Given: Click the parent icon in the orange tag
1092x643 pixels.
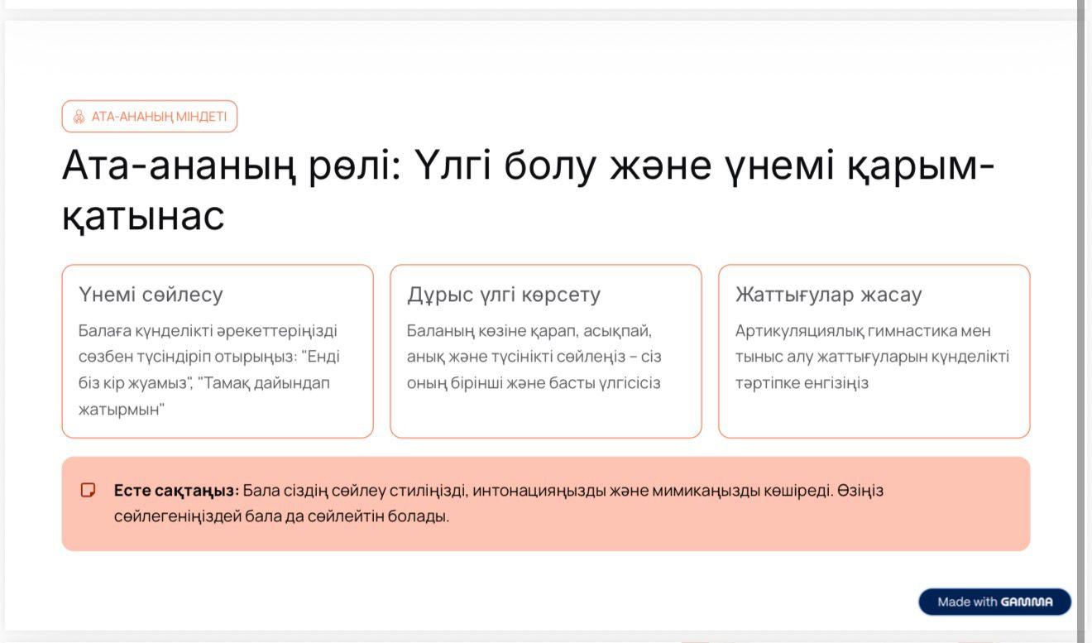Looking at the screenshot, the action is [79, 117].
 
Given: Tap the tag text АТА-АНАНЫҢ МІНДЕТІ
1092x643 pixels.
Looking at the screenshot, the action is [159, 117].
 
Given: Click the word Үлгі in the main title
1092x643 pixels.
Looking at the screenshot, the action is [453, 165].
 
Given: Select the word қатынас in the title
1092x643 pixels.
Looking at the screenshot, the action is [143, 215].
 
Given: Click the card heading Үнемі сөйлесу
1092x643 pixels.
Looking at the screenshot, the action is [151, 295].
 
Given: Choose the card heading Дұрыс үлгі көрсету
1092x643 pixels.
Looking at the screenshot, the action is [504, 295].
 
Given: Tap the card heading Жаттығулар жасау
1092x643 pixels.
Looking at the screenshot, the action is [829, 295].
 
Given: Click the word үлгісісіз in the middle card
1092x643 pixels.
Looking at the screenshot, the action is [630, 383].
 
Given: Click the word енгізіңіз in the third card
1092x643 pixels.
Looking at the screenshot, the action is [836, 383].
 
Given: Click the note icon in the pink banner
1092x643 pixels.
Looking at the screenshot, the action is [88, 490].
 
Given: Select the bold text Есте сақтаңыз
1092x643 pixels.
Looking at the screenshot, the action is [176, 491].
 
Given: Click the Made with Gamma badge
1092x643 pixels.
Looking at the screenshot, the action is [994, 602].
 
